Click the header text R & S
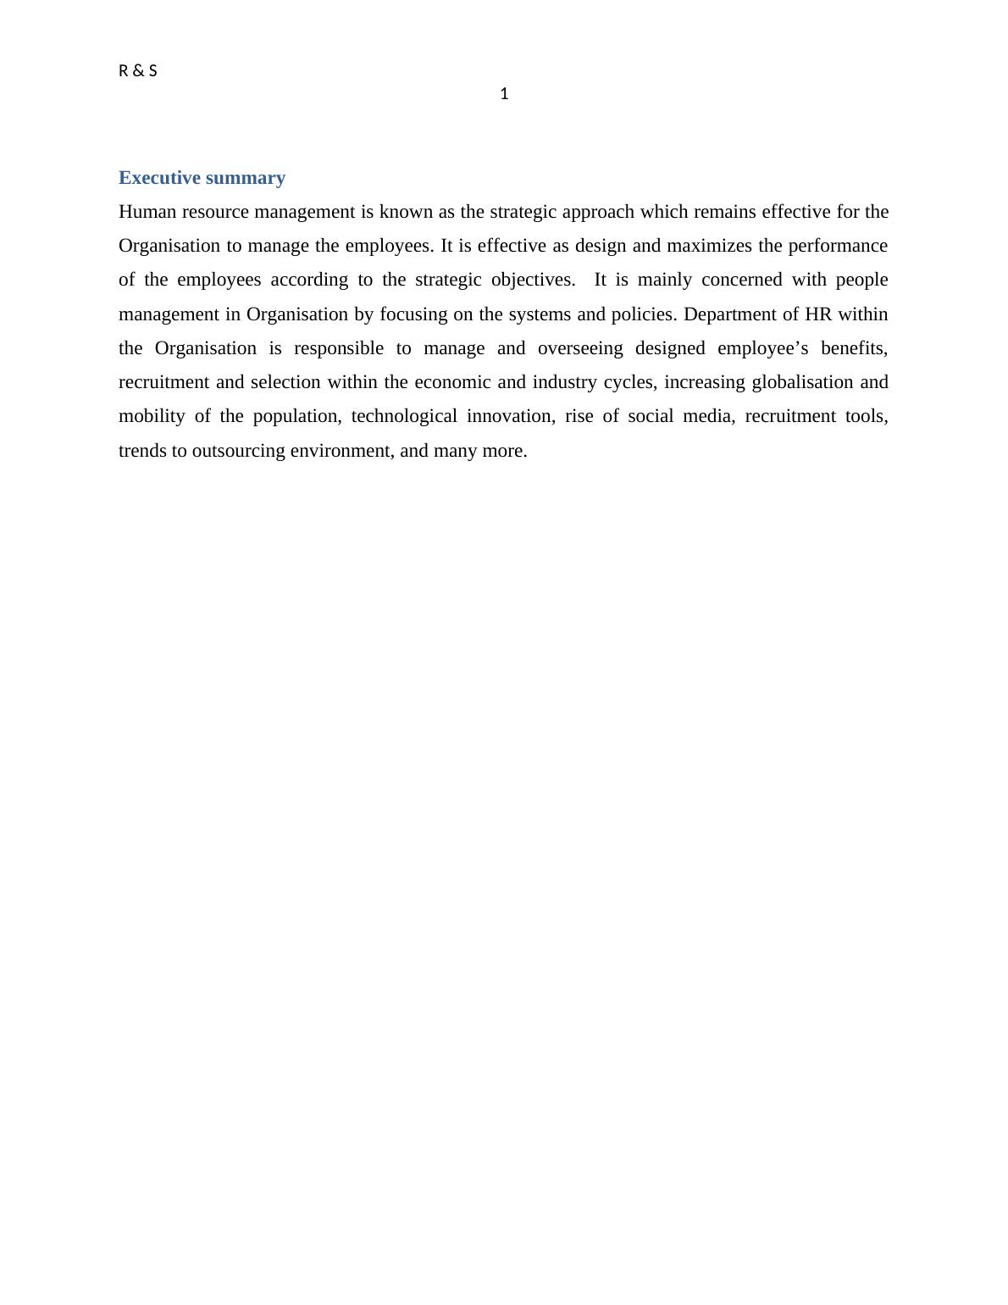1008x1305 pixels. tap(138, 71)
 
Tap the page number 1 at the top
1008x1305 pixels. tap(505, 94)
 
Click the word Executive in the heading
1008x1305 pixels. tap(159, 178)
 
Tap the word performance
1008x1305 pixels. tap(838, 246)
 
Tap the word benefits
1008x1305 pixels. tap(854, 348)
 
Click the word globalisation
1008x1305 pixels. tap(802, 382)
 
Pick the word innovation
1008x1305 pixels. tap(509, 416)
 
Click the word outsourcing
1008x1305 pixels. tap(238, 451)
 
